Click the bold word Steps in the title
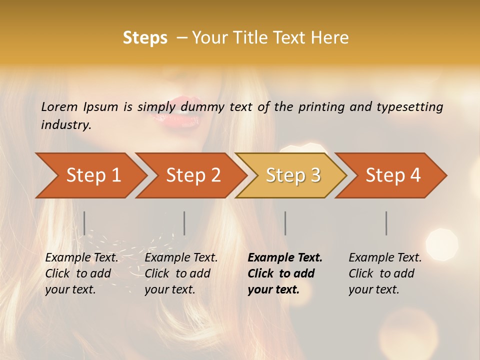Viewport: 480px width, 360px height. click(x=145, y=38)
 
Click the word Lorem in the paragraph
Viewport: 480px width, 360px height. click(x=59, y=107)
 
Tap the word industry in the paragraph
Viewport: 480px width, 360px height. click(x=66, y=125)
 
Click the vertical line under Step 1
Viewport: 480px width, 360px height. click(x=84, y=223)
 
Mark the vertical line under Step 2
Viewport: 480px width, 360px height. click(x=184, y=223)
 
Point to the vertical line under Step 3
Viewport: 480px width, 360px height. click(x=285, y=223)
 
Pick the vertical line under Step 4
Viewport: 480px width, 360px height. click(x=386, y=223)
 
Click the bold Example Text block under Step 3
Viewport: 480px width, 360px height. click(x=284, y=273)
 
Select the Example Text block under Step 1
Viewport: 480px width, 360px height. click(x=81, y=273)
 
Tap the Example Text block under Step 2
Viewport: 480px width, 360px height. click(x=180, y=273)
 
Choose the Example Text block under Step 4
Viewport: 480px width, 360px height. click(x=384, y=273)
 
